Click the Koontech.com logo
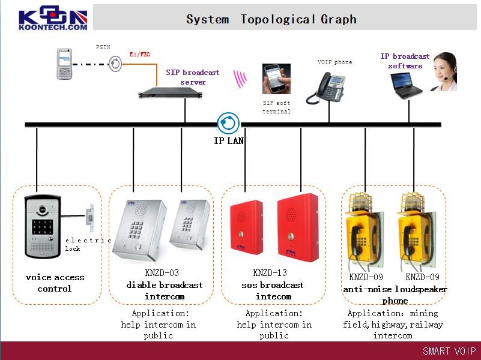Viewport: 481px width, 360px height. [x=53, y=19]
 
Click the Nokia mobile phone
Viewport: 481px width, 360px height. [x=64, y=64]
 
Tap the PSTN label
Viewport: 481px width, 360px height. [x=103, y=47]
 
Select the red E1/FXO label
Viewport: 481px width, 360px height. [x=140, y=54]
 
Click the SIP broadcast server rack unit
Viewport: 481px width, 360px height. [x=171, y=92]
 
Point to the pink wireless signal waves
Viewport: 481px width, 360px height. [x=240, y=79]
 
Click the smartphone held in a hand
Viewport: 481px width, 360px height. [x=276, y=79]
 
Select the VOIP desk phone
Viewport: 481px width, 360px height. [x=326, y=88]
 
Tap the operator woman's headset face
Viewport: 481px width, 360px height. [x=445, y=71]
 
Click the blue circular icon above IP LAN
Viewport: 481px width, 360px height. [x=228, y=123]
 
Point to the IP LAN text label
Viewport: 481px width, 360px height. [x=229, y=140]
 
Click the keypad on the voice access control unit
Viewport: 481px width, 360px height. [x=42, y=227]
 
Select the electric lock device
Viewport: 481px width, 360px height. [x=89, y=218]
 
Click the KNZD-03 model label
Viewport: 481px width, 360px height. [x=162, y=272]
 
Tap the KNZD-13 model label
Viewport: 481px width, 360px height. [x=270, y=272]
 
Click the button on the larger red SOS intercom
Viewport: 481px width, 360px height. [x=290, y=236]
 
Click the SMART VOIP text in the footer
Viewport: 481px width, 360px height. [x=449, y=351]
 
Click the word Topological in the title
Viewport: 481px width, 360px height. [x=278, y=20]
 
